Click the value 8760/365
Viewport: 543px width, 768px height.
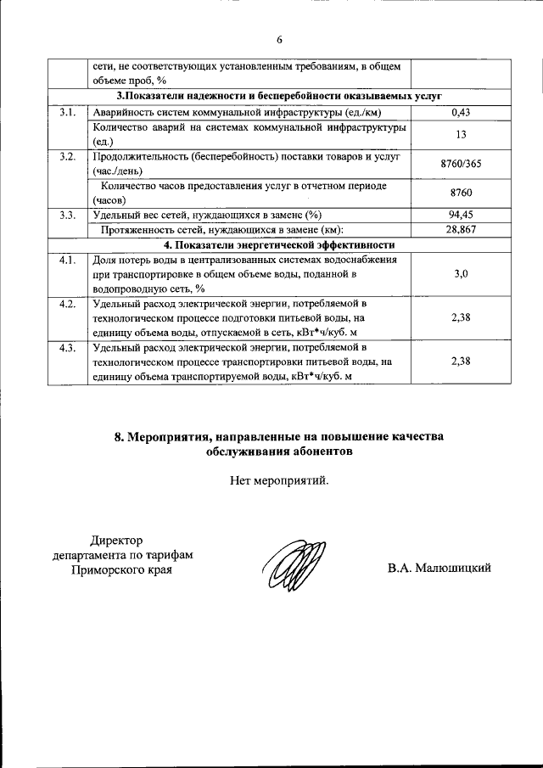pos(462,164)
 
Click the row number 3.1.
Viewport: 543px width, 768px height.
pos(67,112)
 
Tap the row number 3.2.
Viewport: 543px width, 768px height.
pos(67,157)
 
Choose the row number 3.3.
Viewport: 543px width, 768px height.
pos(67,215)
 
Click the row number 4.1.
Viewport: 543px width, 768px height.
pos(67,260)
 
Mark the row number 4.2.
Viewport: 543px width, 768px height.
pos(67,303)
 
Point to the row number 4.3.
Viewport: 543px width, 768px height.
pos(67,348)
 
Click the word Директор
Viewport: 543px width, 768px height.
pos(118,540)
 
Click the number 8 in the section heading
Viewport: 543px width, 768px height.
pos(119,436)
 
